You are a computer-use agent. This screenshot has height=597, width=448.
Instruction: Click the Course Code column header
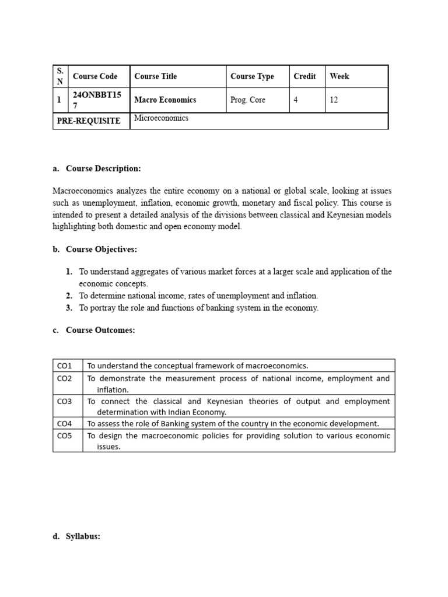coord(95,76)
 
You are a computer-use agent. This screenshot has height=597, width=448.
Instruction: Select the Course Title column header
coord(155,76)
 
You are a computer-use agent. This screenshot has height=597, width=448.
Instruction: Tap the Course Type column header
coord(252,76)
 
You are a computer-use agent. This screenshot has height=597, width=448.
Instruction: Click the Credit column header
coord(304,76)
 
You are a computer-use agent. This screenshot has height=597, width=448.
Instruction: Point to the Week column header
coord(339,76)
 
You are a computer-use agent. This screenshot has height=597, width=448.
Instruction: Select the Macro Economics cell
coord(165,100)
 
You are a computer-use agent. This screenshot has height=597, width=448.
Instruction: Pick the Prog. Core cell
coord(248,100)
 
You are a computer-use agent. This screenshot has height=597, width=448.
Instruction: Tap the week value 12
coord(334,100)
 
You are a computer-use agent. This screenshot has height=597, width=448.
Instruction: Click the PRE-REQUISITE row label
coord(89,121)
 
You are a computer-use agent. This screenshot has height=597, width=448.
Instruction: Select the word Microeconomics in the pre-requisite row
coord(162,118)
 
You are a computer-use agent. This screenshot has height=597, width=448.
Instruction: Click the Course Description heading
coord(103,168)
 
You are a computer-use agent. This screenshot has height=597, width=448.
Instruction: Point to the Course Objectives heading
coord(101,250)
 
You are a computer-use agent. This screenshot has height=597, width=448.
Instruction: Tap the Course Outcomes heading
coord(100,330)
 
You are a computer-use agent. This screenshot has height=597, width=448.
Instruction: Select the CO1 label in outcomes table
coord(64,366)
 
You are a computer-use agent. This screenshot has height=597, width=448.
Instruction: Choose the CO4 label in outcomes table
coord(64,423)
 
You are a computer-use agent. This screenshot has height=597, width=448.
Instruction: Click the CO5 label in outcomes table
coord(64,435)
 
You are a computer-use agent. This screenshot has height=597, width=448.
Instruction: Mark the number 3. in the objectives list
coord(69,308)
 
